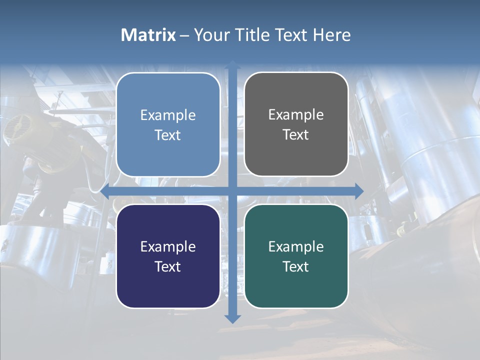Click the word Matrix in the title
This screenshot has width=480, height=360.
(x=148, y=35)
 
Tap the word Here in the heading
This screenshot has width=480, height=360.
(x=332, y=35)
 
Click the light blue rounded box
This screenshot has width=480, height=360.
(x=168, y=124)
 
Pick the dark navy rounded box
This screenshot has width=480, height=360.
(x=168, y=256)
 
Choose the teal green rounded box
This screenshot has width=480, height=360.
(x=296, y=256)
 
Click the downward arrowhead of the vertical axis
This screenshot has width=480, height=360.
(x=232, y=318)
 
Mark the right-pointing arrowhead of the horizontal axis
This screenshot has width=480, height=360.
(x=358, y=191)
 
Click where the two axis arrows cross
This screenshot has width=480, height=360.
(x=232, y=191)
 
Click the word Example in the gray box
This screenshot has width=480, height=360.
(x=296, y=114)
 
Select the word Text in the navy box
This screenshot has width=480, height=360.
(x=168, y=266)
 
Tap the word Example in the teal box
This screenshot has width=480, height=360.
(x=296, y=246)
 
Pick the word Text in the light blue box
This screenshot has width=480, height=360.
(x=168, y=135)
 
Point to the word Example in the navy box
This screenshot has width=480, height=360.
(x=168, y=246)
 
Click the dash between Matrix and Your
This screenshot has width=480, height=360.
(x=184, y=35)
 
